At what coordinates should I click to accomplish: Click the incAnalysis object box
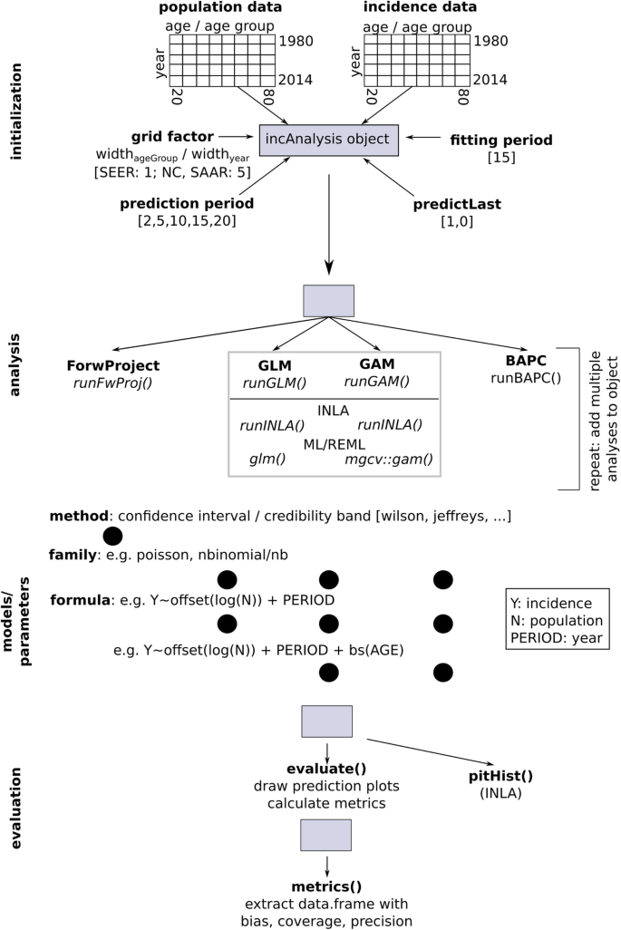pyautogui.click(x=329, y=139)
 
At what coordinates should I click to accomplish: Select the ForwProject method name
pyautogui.click(x=113, y=365)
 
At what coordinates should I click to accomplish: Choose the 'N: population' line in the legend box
pyautogui.click(x=557, y=620)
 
